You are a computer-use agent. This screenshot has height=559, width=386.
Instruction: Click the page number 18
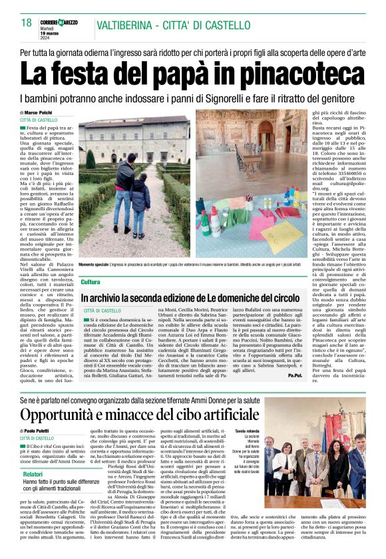tap(26, 23)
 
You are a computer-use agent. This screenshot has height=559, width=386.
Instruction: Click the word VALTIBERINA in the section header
tap(121, 27)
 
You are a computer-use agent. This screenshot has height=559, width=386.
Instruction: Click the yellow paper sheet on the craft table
tap(280, 234)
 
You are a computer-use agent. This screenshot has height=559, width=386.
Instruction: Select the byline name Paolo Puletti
tap(44, 432)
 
